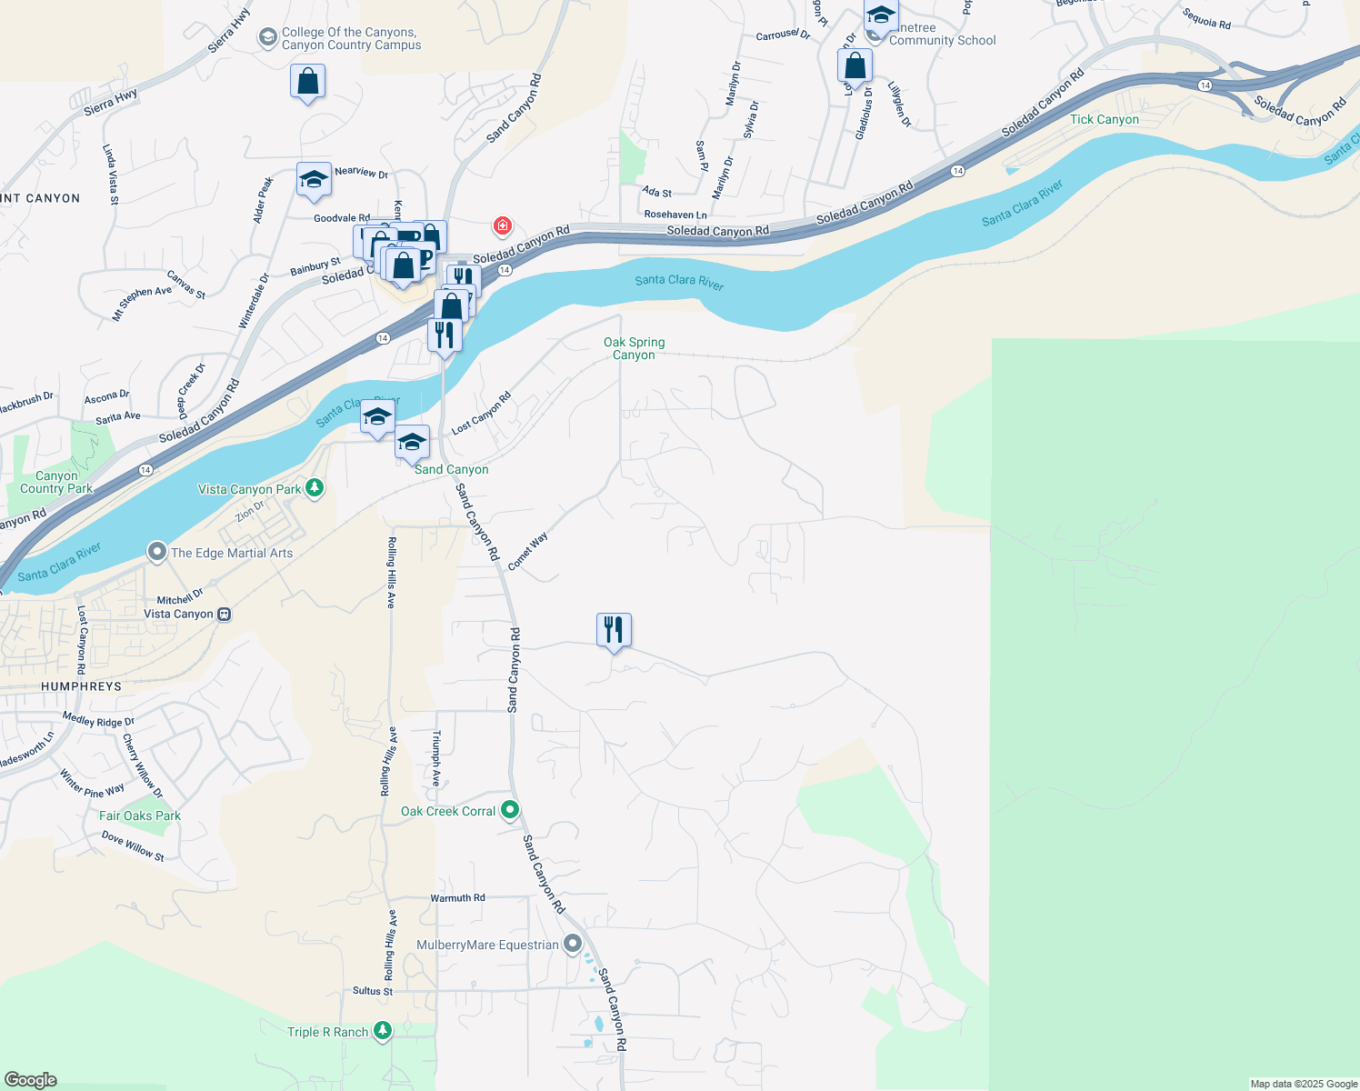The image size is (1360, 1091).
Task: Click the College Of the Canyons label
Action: (350, 38)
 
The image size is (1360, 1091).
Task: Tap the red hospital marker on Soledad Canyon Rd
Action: (502, 225)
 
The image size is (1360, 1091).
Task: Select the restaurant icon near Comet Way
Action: (614, 630)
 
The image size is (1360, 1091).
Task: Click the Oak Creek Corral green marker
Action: (510, 809)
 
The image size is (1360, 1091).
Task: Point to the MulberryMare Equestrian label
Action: (487, 945)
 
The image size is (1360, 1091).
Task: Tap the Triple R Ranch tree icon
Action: (383, 1030)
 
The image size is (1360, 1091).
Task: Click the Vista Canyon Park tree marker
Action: (315, 488)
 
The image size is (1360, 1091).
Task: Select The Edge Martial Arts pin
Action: (156, 552)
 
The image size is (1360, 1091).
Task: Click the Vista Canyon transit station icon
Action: (225, 615)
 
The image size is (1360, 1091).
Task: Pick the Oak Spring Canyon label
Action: (634, 348)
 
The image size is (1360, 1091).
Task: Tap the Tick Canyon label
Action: (1104, 119)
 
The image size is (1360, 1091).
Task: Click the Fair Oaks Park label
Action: (140, 816)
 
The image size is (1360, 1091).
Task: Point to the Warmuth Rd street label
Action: (457, 897)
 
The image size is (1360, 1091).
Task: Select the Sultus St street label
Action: (373, 991)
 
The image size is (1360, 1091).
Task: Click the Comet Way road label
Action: (528, 552)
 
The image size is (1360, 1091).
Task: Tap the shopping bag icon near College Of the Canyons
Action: (308, 82)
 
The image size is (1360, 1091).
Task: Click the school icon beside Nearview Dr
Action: (314, 179)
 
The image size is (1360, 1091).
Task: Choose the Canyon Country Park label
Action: (56, 482)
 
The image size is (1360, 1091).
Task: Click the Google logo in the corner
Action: (30, 1079)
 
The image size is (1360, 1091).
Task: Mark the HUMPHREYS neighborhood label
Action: (81, 686)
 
